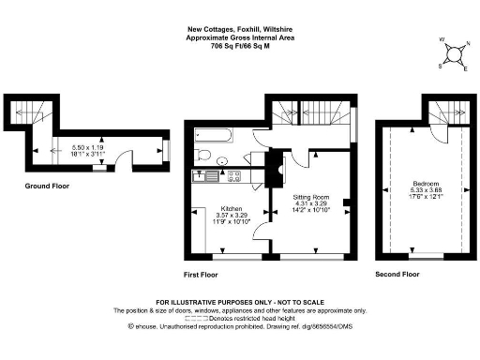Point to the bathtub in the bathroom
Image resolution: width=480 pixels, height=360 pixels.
pos(215,137)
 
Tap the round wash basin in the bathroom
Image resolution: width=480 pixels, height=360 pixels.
pos(222,160)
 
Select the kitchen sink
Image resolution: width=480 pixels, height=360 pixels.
pos(203,175)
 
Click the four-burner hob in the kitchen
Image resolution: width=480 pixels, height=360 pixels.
pos(233,175)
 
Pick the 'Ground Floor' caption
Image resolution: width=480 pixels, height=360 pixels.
pos(47,187)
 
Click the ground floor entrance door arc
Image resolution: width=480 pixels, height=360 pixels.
pos(123,156)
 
